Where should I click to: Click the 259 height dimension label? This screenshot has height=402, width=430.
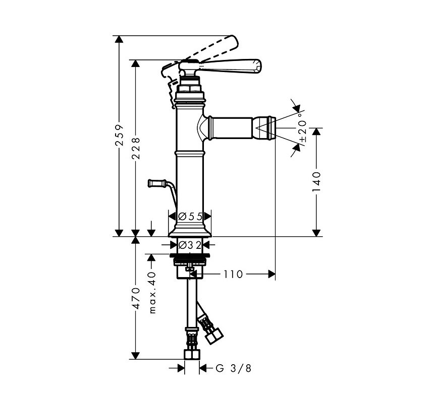coord(119,135)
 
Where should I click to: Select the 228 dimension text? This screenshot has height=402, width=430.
coord(135,148)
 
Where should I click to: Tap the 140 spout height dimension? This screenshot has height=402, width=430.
coord(316,182)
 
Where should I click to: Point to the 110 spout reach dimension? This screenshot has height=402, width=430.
coord(233,274)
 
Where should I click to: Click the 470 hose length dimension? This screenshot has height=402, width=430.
coord(135,298)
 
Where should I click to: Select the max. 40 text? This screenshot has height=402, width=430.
coord(152,293)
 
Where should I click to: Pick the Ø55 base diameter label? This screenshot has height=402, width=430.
coord(190,217)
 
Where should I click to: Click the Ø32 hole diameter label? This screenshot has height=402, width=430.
coord(190,245)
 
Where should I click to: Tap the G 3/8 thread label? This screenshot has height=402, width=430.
coord(233,368)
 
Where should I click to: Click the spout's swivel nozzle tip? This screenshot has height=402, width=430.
coord(264,128)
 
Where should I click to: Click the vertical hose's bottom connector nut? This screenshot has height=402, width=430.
coord(192,355)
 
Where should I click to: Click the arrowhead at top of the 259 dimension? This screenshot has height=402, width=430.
coord(119,39)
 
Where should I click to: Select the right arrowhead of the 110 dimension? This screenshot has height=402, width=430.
coord(272,274)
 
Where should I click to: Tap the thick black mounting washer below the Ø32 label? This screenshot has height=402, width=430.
coord(190,256)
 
